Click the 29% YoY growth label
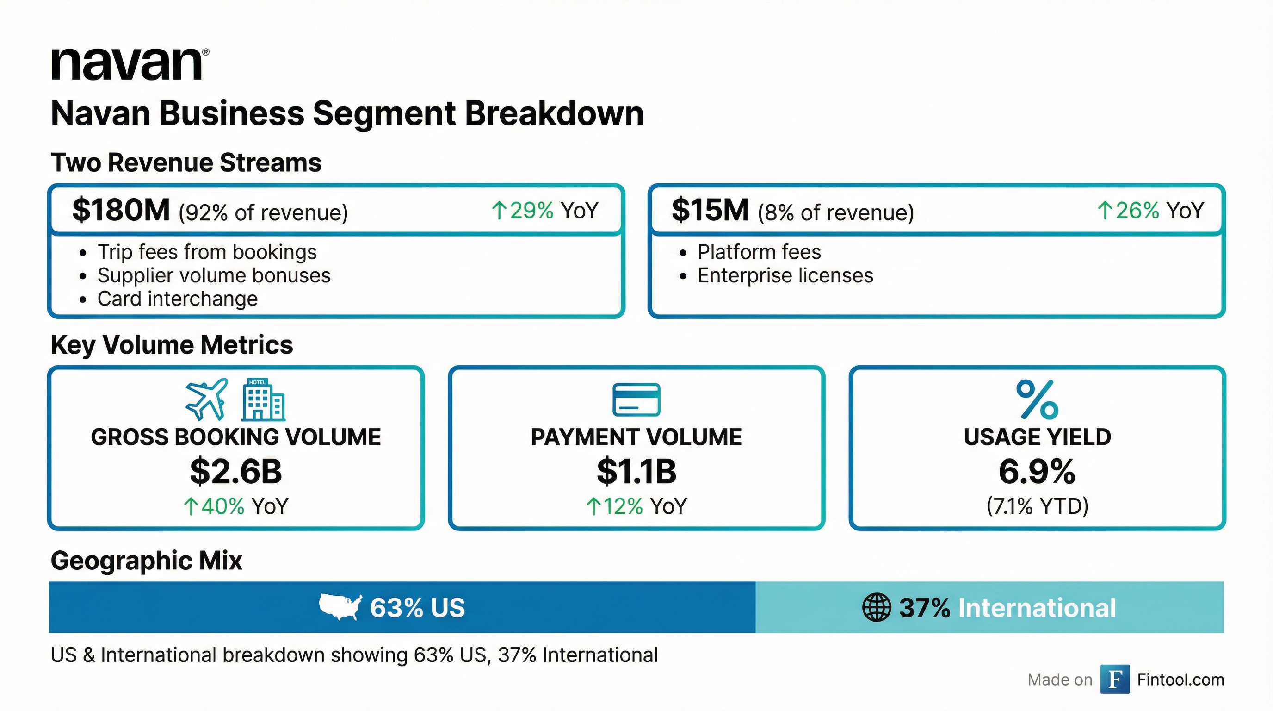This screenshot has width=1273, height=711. [544, 211]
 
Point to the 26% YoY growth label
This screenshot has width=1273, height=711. [1150, 211]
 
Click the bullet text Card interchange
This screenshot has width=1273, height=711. [177, 299]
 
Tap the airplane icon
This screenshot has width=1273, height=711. [207, 399]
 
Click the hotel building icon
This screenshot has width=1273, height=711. [263, 399]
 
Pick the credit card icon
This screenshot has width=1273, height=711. [636, 399]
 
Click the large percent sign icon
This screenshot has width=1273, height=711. [1037, 399]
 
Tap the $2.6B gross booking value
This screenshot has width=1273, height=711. [236, 471]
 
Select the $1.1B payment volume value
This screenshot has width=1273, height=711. [636, 471]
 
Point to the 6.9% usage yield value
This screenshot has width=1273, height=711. [1037, 471]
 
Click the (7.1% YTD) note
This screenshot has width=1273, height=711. [1037, 506]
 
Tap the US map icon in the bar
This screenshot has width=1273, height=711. [340, 607]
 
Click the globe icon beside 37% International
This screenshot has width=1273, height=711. [876, 608]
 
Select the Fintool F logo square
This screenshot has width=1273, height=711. [1115, 680]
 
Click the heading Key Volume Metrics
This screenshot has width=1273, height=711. [172, 345]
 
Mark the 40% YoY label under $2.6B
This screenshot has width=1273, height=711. [236, 506]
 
